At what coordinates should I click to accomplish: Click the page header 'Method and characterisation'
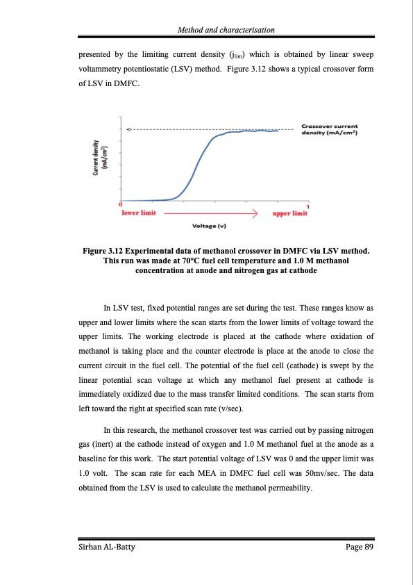click(x=226, y=29)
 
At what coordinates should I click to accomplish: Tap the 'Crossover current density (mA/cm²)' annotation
click(x=329, y=129)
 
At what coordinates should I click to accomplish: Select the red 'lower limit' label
click(x=139, y=213)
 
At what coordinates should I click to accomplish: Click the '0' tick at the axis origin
click(x=120, y=204)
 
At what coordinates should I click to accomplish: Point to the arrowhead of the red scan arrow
click(x=255, y=213)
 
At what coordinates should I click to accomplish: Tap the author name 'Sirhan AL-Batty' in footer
click(x=106, y=548)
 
